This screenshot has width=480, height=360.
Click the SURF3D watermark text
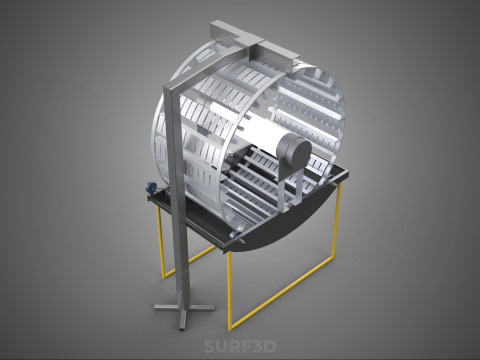240,346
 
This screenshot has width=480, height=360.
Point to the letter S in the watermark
209,346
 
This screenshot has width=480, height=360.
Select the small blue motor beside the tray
151,187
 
